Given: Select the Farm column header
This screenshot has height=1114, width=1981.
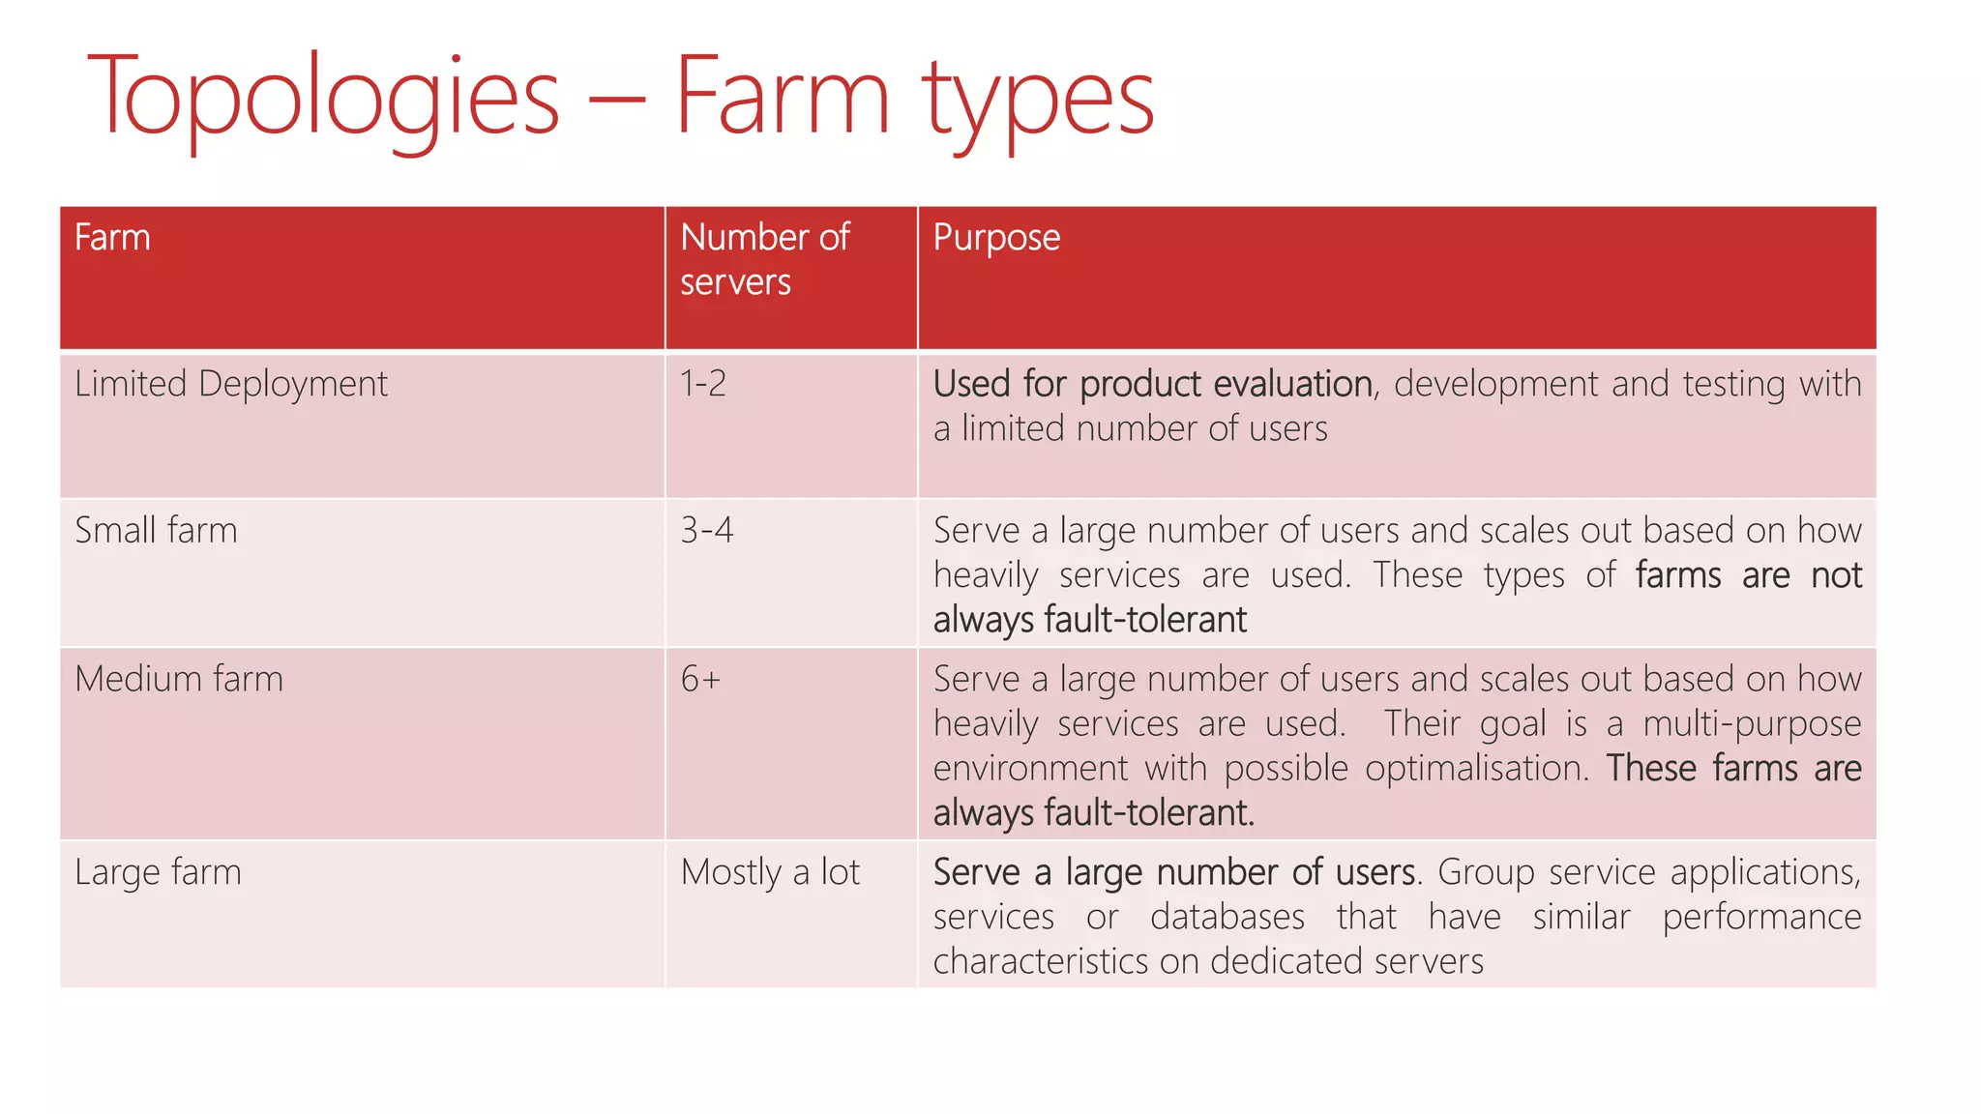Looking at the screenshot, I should coord(112,238).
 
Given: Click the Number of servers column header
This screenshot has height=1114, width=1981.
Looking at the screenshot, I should coord(764,259).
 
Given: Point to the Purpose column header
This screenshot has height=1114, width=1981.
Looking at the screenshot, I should coord(996,238).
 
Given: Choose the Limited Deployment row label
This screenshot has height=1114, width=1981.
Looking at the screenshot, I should coord(231,385).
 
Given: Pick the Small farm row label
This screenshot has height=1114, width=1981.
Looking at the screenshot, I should coord(156,531).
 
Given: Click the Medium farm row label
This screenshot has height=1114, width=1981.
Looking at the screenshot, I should coord(179,679).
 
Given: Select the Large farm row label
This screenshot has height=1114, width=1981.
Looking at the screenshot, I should coord(158,872).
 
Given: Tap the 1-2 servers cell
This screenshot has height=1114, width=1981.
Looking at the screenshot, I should coord(703,385).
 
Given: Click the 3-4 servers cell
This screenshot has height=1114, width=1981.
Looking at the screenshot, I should coord(707,531).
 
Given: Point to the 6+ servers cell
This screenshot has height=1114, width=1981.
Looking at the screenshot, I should coord(700,679).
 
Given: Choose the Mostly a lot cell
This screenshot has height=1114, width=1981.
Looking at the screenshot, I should coord(770,872).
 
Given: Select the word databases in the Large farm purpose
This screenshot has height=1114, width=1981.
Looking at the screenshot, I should coord(1227,917).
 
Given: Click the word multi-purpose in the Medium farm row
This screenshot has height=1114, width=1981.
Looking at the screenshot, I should coord(1752,724).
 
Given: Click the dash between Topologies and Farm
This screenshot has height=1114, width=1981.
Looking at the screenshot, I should coord(616,99).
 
